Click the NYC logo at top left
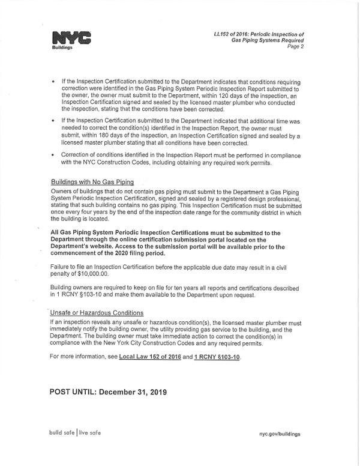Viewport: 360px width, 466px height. tap(71, 38)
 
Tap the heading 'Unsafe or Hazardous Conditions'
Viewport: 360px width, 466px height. tap(97, 313)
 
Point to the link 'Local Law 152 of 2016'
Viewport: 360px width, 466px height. tap(151, 357)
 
